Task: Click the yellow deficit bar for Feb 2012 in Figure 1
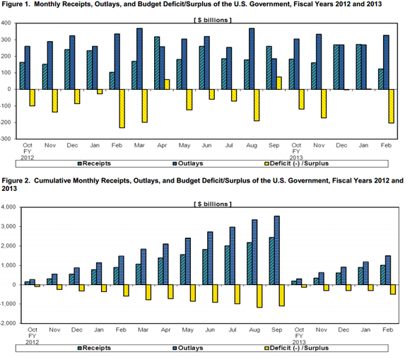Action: (122, 109)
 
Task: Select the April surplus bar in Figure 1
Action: (167, 84)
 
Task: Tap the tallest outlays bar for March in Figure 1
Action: (140, 59)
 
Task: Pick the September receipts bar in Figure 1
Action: (269, 68)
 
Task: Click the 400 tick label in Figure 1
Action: (6, 23)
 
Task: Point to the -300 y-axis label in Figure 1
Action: (6, 139)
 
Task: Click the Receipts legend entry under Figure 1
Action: (95, 163)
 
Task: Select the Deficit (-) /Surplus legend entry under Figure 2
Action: (296, 348)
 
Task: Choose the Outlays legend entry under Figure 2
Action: (188, 348)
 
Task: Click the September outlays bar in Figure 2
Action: (277, 250)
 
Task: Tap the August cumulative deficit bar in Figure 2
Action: (259, 296)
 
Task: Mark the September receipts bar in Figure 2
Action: (271, 261)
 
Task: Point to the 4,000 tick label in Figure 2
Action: (8, 207)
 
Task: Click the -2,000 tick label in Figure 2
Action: (8, 323)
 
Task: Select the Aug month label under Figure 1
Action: (252, 146)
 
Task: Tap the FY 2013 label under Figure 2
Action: (299, 339)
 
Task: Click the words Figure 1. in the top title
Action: (16, 4)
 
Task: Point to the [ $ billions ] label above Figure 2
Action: (213, 204)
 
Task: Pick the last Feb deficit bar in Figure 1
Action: (391, 106)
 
